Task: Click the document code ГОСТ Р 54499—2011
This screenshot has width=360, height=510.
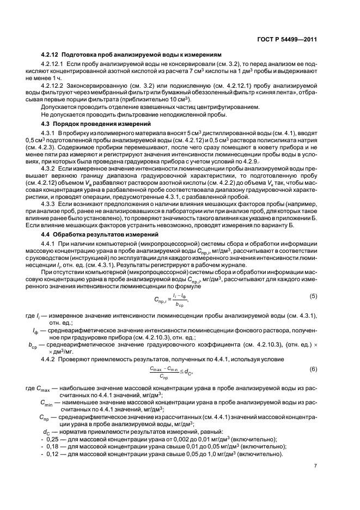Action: click(286, 39)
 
